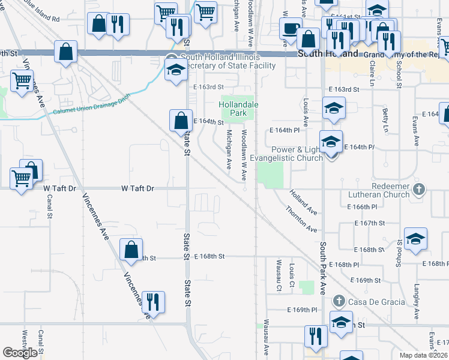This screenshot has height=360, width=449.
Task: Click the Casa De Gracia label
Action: [x=376, y=301]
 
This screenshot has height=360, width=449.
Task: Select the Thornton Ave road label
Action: [x=301, y=220]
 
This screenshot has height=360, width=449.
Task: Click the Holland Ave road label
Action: [x=303, y=202]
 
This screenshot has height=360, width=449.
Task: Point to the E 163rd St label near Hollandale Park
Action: [x=208, y=88]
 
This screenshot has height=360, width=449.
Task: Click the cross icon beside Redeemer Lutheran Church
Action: [x=420, y=190]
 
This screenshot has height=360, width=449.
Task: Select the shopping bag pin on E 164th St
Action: [x=181, y=121]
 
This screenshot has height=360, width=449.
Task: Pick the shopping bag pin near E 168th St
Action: [x=131, y=250]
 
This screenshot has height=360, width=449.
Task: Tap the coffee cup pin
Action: [x=291, y=29]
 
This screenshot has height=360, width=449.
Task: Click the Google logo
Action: [x=20, y=353]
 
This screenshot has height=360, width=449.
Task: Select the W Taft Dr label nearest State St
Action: [x=138, y=188]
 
